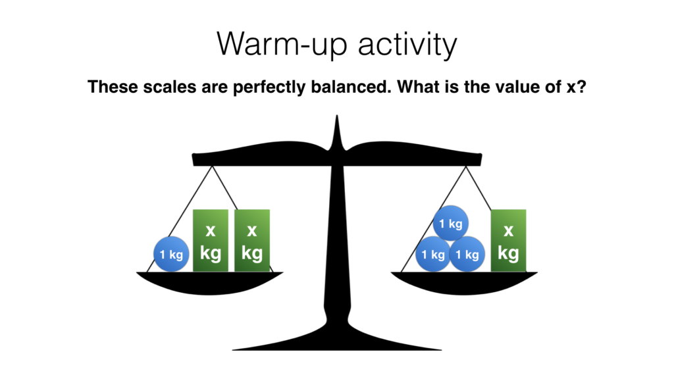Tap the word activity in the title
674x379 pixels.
click(407, 44)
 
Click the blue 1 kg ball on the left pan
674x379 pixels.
click(171, 254)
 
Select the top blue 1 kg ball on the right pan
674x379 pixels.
click(450, 223)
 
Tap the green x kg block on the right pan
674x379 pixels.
click(509, 241)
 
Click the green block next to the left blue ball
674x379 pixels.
click(211, 241)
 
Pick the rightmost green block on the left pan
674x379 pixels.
click(252, 241)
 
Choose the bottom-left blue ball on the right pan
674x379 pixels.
click(433, 254)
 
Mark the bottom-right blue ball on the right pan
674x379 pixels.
click(467, 254)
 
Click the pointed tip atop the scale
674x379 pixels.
click(337, 116)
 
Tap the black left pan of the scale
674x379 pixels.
click(210, 283)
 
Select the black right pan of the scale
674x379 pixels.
click(464, 283)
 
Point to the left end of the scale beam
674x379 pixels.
click(194, 159)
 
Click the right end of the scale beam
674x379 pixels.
click(480, 159)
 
